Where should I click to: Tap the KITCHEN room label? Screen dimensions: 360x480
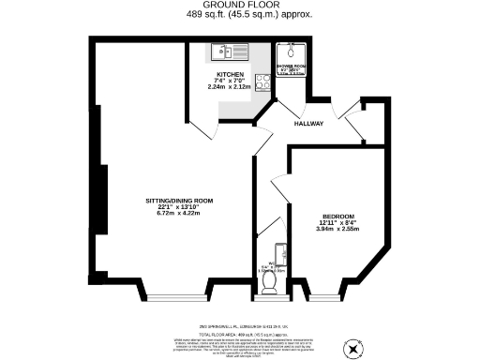(231, 74)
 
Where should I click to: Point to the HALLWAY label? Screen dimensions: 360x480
(308, 124)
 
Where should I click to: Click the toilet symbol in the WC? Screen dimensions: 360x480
(269, 278)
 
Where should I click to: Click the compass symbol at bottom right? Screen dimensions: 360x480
(352, 347)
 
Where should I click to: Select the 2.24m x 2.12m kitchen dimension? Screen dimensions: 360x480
(231, 87)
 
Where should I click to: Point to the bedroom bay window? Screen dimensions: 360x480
(323, 296)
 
